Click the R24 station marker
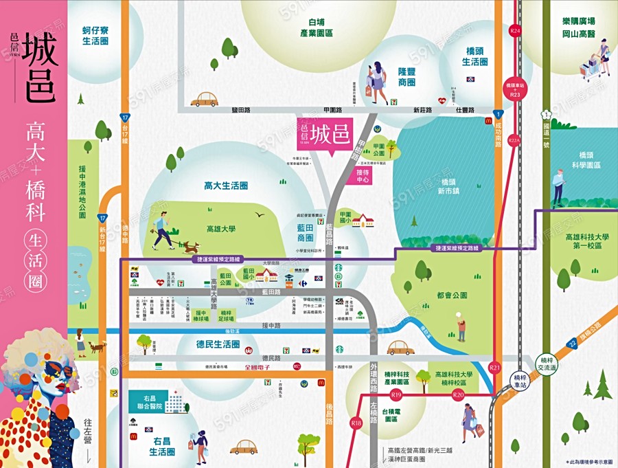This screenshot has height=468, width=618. click(x=516, y=31)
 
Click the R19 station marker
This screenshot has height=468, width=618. click(x=396, y=395)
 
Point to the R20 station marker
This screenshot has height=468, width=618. click(x=459, y=395)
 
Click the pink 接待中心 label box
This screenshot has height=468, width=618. click(x=363, y=177)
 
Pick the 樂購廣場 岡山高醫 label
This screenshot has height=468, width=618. click(x=579, y=27)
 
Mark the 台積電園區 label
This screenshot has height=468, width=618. click(x=391, y=413)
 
